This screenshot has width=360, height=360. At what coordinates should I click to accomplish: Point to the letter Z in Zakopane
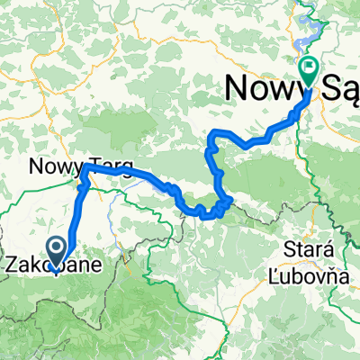pos(12,266)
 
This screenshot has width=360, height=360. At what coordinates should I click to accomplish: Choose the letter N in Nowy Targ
pos(35,166)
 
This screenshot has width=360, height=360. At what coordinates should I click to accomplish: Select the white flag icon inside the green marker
pos(309,65)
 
